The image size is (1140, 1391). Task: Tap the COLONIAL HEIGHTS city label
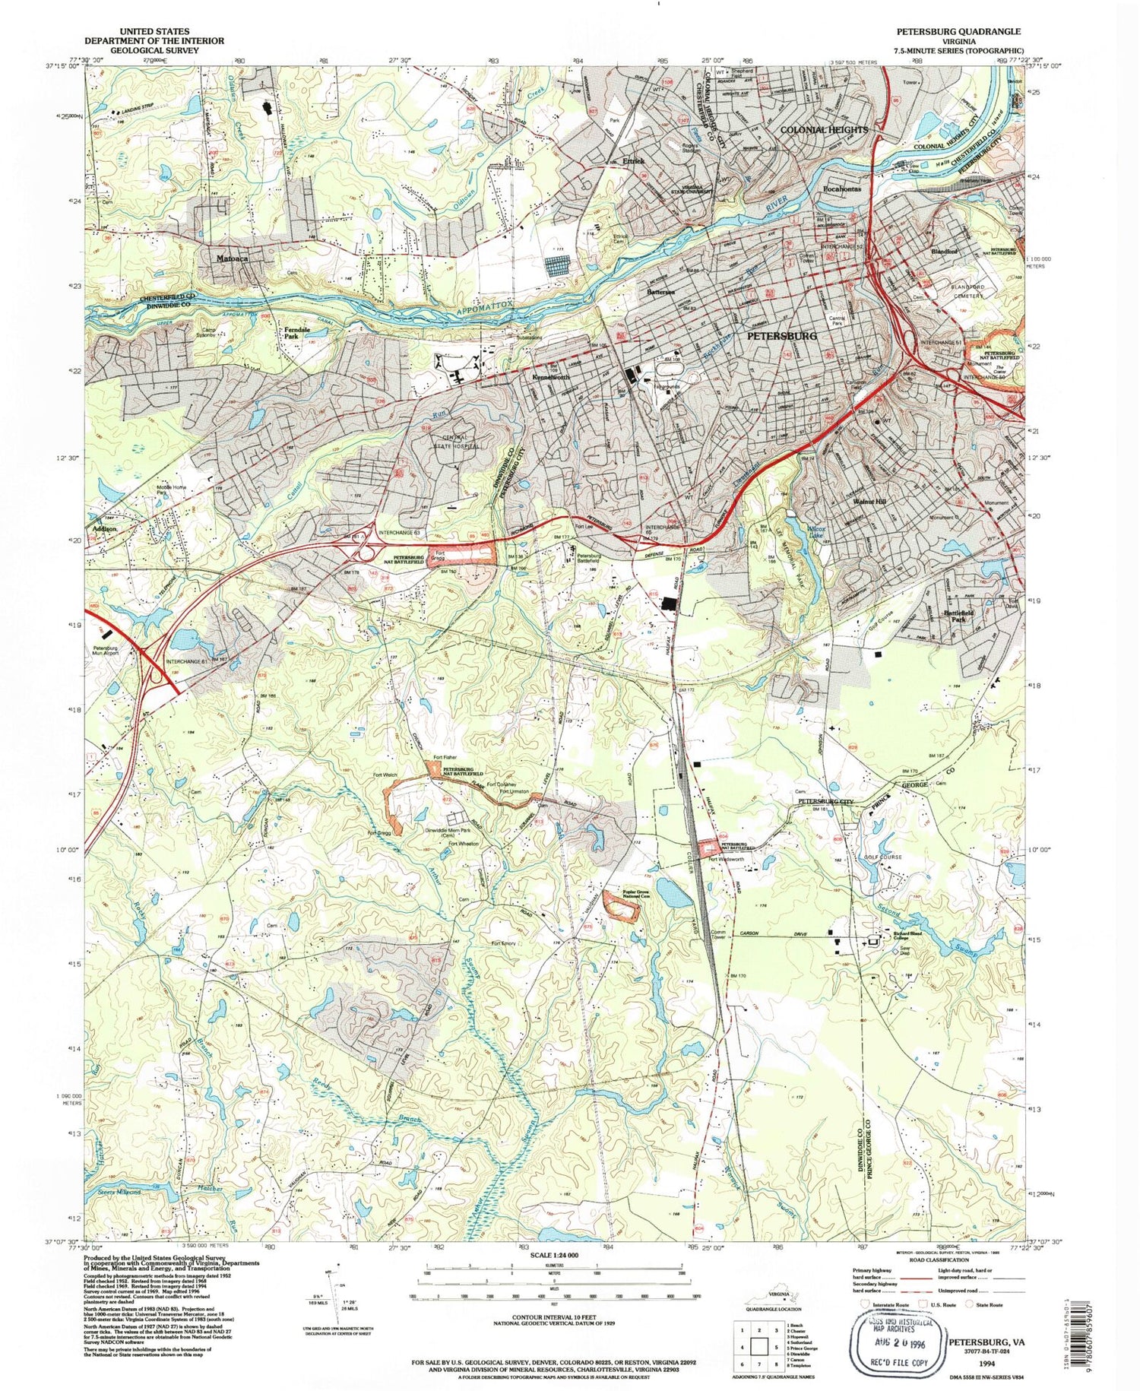point(824,130)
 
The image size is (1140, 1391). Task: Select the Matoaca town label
point(232,258)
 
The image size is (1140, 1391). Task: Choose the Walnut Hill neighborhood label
point(869,502)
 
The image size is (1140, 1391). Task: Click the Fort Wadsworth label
point(726,860)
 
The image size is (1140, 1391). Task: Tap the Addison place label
point(105,528)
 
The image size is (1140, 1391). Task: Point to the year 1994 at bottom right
point(986,1364)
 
